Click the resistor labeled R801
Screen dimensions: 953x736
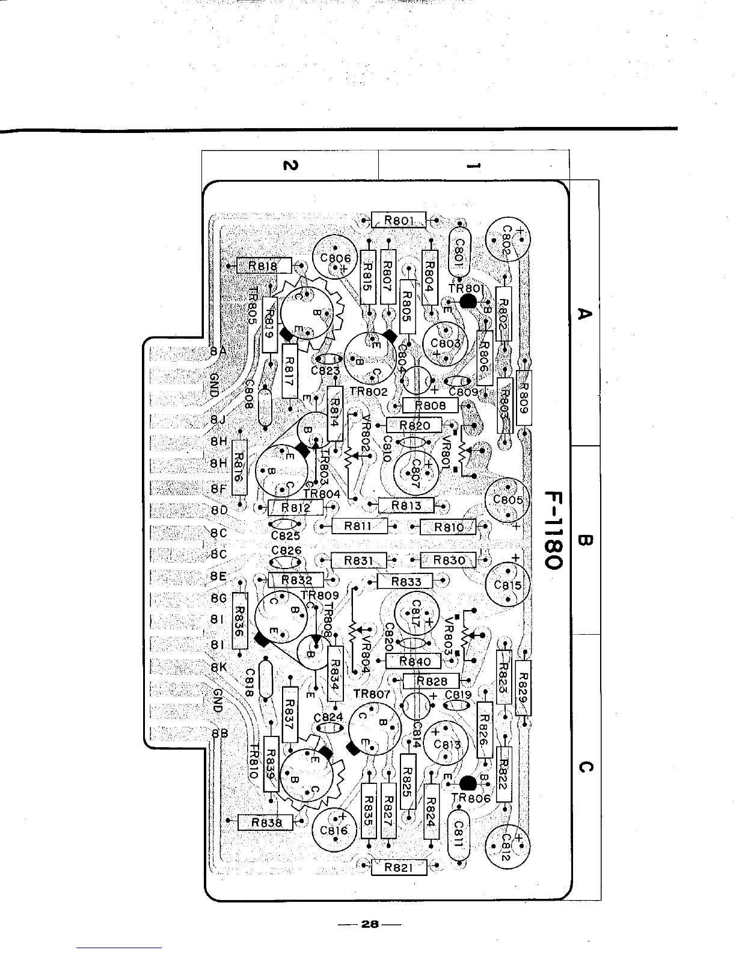[x=399, y=220]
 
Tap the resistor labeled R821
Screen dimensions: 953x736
[x=399, y=867]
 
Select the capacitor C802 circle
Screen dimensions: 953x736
[x=508, y=238]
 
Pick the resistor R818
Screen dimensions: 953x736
[x=264, y=265]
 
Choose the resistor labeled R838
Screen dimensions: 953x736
[x=265, y=822]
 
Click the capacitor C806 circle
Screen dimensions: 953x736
[x=334, y=259]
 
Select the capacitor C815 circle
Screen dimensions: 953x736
[x=508, y=584]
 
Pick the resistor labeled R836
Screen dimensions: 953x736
[x=239, y=621]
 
